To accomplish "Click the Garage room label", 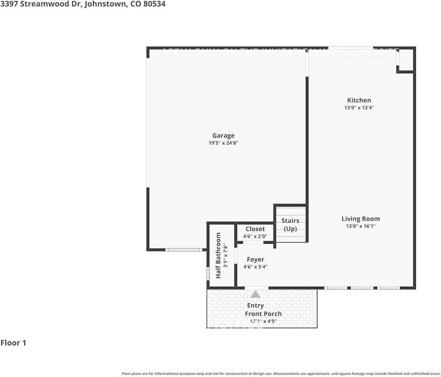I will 223,136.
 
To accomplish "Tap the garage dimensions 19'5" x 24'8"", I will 223,143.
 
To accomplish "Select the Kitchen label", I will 359,101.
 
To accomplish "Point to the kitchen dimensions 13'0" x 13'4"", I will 359,108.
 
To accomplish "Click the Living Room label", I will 360,219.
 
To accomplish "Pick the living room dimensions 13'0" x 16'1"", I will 360,226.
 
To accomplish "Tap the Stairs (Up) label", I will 290,225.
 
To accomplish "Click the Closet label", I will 255,229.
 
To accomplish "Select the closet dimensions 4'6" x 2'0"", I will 255,236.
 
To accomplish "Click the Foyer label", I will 255,260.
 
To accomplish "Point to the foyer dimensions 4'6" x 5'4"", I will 255,267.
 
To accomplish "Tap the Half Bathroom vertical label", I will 218,255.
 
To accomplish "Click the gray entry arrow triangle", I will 255,294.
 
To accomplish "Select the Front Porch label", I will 263,314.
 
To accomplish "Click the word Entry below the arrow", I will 255,306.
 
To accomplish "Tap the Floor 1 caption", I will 13,343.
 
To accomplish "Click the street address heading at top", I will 83,4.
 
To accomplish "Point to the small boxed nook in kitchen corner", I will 406,60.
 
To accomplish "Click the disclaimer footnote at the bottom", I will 281,373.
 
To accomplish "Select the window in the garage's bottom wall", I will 183,250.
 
